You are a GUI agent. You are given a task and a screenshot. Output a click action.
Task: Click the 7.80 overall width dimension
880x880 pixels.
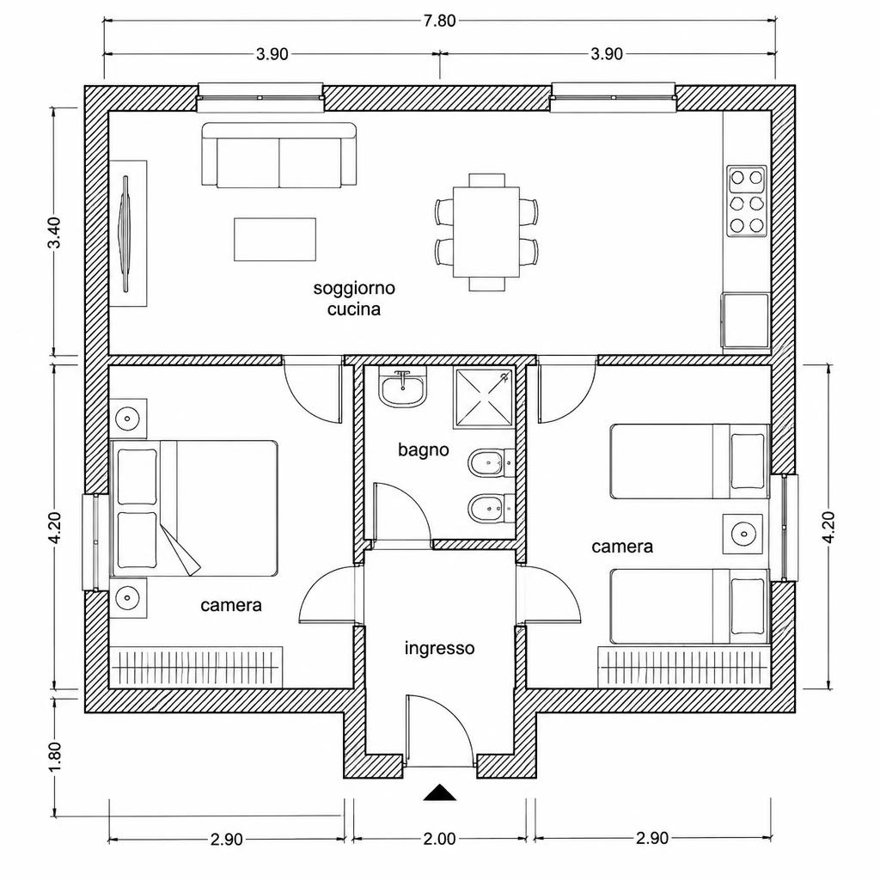439,21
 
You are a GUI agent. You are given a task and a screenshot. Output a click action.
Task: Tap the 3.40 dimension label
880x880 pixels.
56,232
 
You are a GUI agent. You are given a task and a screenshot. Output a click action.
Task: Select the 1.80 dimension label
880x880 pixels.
56,756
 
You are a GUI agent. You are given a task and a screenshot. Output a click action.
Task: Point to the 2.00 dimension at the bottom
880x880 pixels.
439,839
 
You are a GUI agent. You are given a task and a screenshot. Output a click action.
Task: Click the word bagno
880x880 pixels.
424,449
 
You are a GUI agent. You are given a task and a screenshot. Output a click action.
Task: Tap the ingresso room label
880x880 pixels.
439,648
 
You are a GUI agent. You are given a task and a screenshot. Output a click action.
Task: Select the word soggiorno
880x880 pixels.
354,289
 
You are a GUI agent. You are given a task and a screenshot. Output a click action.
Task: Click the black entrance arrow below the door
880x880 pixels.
440,791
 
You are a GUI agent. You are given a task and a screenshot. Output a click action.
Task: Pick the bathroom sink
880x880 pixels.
402,388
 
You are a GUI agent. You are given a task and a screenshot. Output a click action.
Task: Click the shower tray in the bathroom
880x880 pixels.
484,399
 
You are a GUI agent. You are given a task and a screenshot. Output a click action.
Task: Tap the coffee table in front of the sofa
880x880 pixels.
275,240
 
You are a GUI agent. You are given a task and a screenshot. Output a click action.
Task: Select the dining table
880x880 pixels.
486,232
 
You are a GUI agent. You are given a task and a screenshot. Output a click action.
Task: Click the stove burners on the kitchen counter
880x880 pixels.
747,201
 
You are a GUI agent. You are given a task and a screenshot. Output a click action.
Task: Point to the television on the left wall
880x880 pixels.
126,234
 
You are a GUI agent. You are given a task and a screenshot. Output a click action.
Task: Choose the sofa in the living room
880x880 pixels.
279,155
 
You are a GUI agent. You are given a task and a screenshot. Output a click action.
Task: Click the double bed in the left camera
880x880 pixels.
195,509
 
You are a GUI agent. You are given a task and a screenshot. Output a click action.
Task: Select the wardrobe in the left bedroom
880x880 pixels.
195,667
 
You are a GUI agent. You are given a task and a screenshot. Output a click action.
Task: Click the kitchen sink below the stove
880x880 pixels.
746,321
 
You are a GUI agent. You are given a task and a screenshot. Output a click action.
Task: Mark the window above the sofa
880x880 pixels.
260,97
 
